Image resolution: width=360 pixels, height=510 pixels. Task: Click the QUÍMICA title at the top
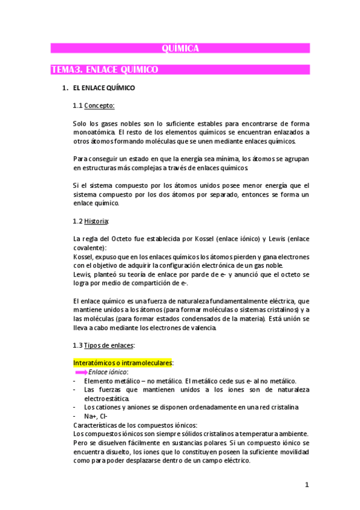point(180,49)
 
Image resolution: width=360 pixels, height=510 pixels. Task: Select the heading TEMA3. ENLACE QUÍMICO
point(105,70)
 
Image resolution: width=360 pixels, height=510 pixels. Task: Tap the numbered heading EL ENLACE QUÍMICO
point(103,88)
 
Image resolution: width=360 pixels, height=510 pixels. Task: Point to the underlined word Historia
point(97,221)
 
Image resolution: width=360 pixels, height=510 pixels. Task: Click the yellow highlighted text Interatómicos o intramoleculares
point(122,363)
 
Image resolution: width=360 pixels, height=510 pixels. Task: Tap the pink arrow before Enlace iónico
point(80,372)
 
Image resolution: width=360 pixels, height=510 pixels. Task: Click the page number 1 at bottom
point(306,485)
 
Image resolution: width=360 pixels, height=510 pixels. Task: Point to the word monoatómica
point(94,132)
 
